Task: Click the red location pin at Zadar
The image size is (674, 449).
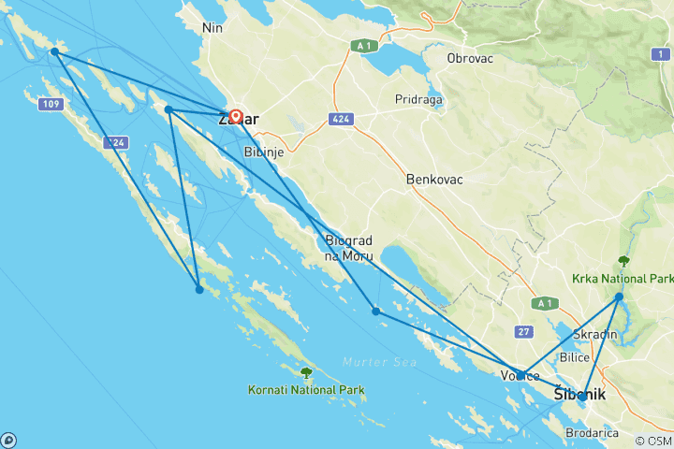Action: coord(236,117)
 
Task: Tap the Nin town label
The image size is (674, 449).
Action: coord(212,28)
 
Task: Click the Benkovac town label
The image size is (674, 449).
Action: coord(435,179)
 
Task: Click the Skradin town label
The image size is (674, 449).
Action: coord(596,335)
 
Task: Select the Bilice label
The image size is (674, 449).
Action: coord(573,357)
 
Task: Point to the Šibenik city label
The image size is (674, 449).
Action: coord(579,395)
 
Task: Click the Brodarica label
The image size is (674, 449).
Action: coord(592,433)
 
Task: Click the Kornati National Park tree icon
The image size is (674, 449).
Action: coord(306,372)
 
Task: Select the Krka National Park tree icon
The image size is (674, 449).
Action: coord(623,261)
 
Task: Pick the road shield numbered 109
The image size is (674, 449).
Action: coord(51,104)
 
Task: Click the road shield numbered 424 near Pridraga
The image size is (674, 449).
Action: coord(340,119)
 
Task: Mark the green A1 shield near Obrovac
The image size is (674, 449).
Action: coord(364,44)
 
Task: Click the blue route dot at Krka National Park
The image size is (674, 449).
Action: coord(619,297)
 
